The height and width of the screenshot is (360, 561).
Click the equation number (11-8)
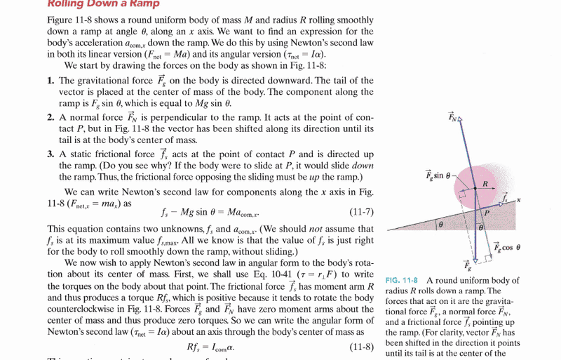pyautogui.click(x=361, y=347)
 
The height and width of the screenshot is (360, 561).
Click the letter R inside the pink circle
pyautogui.click(x=485, y=185)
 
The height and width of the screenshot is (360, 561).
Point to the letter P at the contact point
pyautogui.click(x=485, y=211)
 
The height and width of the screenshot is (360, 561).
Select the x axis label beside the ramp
pyautogui.click(x=518, y=200)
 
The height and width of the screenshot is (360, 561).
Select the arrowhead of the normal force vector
pyautogui.click(x=459, y=120)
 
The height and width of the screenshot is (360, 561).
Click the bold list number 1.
pyautogui.click(x=51, y=81)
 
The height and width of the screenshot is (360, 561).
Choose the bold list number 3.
pyautogui.click(x=51, y=154)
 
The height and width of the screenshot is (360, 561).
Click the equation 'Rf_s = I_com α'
pyautogui.click(x=211, y=347)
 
